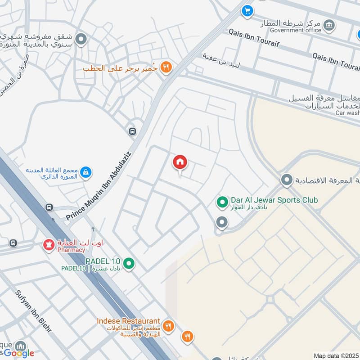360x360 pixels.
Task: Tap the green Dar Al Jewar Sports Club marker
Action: tap(221, 202)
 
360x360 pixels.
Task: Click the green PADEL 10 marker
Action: tap(129, 263)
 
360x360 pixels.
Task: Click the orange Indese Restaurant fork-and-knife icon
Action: tap(168, 326)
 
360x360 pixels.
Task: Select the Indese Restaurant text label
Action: tap(129, 321)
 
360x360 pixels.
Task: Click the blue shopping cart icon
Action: tap(247, 11)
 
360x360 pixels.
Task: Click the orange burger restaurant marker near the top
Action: tap(166, 67)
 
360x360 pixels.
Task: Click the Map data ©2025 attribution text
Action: tap(335, 355)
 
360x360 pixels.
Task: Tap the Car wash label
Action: tap(347, 113)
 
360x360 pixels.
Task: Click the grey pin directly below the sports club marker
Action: tap(221, 222)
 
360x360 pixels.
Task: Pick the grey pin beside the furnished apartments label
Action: tap(81, 40)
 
